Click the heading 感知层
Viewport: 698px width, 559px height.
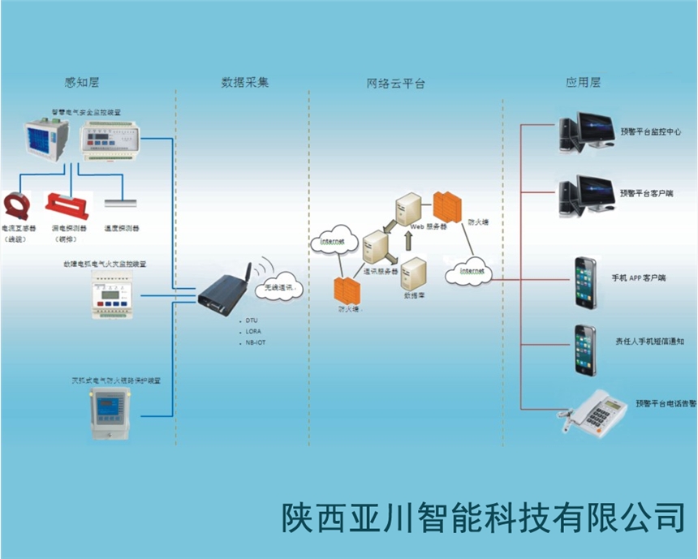[x=82, y=82]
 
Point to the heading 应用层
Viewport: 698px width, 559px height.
[x=583, y=82]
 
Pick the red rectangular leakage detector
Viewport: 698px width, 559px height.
[x=63, y=204]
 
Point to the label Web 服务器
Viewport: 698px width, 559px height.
[x=428, y=227]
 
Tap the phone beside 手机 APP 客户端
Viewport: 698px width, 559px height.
[x=585, y=281]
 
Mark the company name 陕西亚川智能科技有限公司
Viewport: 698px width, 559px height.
[x=483, y=517]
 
